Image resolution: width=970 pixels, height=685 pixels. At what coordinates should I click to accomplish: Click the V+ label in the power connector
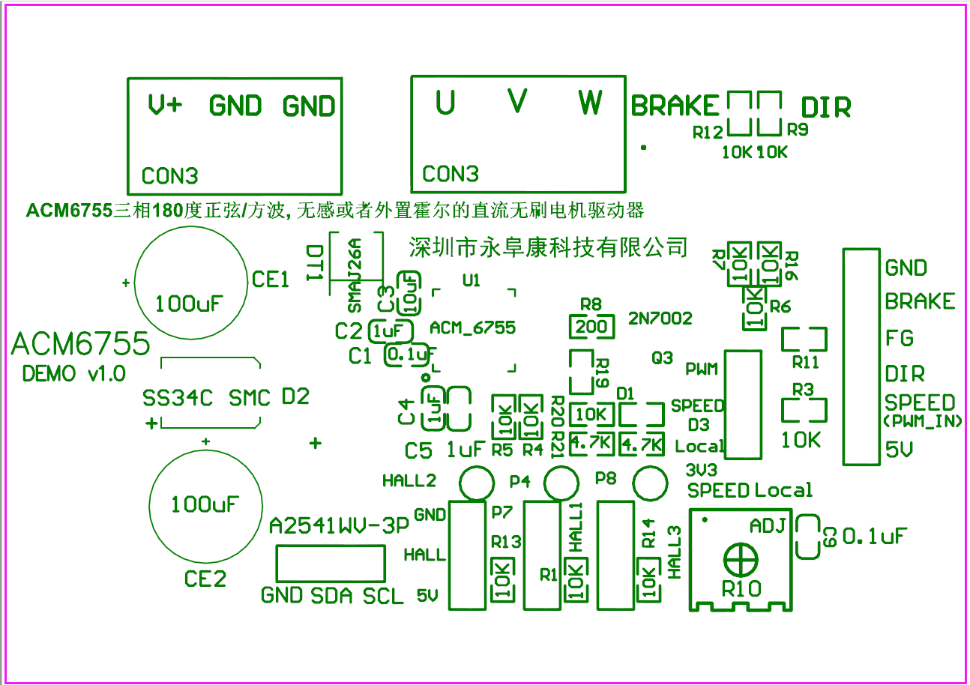(165, 105)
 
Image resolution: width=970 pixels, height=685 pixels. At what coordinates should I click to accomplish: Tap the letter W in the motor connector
(590, 101)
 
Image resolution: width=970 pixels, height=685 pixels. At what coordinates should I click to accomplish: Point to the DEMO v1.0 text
(74, 373)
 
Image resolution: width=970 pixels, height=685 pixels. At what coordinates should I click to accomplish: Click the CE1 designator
(271, 280)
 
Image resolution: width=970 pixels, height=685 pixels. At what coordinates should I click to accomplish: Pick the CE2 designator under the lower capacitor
(205, 579)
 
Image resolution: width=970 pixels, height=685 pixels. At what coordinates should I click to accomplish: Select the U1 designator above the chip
(472, 280)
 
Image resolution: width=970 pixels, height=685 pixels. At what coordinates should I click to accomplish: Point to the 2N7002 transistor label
(660, 319)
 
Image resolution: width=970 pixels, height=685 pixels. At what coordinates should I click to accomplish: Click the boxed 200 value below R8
(591, 328)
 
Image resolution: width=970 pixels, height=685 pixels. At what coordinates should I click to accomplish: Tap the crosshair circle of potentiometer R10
(741, 559)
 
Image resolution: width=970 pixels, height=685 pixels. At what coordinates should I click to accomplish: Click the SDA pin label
(331, 597)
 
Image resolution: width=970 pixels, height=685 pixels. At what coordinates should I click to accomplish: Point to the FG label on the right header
(900, 338)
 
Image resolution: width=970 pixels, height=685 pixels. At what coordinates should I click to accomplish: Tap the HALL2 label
(409, 481)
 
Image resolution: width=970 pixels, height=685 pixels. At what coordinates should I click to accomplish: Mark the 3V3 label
(702, 470)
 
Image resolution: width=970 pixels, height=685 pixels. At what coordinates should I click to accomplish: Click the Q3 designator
(663, 358)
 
